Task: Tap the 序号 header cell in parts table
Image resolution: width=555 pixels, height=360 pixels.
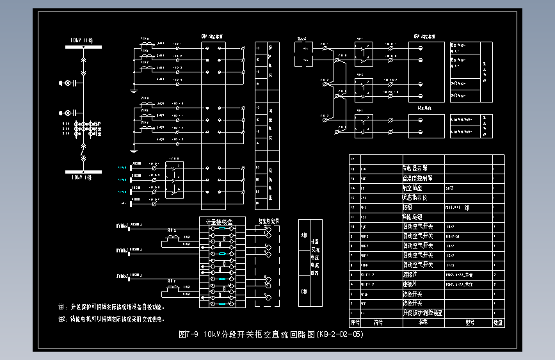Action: click(355, 322)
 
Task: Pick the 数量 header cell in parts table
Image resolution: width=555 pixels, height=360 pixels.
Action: click(499, 322)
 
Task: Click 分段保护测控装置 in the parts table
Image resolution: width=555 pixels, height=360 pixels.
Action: click(422, 313)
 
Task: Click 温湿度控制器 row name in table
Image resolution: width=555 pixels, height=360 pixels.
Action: click(417, 179)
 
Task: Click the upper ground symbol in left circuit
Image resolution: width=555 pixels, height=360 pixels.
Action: click(134, 86)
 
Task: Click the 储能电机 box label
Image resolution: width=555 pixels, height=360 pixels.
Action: click(428, 108)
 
